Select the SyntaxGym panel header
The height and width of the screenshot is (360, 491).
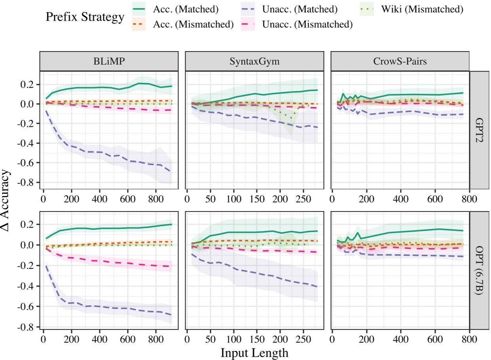coord(254,62)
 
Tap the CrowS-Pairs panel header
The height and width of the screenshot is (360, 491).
coord(400,62)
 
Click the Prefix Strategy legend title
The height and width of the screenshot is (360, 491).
coord(85,17)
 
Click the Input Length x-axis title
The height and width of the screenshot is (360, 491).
coord(254,352)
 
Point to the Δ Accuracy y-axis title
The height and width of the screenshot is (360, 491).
coord(7,200)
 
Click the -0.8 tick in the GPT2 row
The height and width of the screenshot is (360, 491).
coord(29,183)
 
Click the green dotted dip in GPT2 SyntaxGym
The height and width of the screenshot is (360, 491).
coord(292,118)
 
